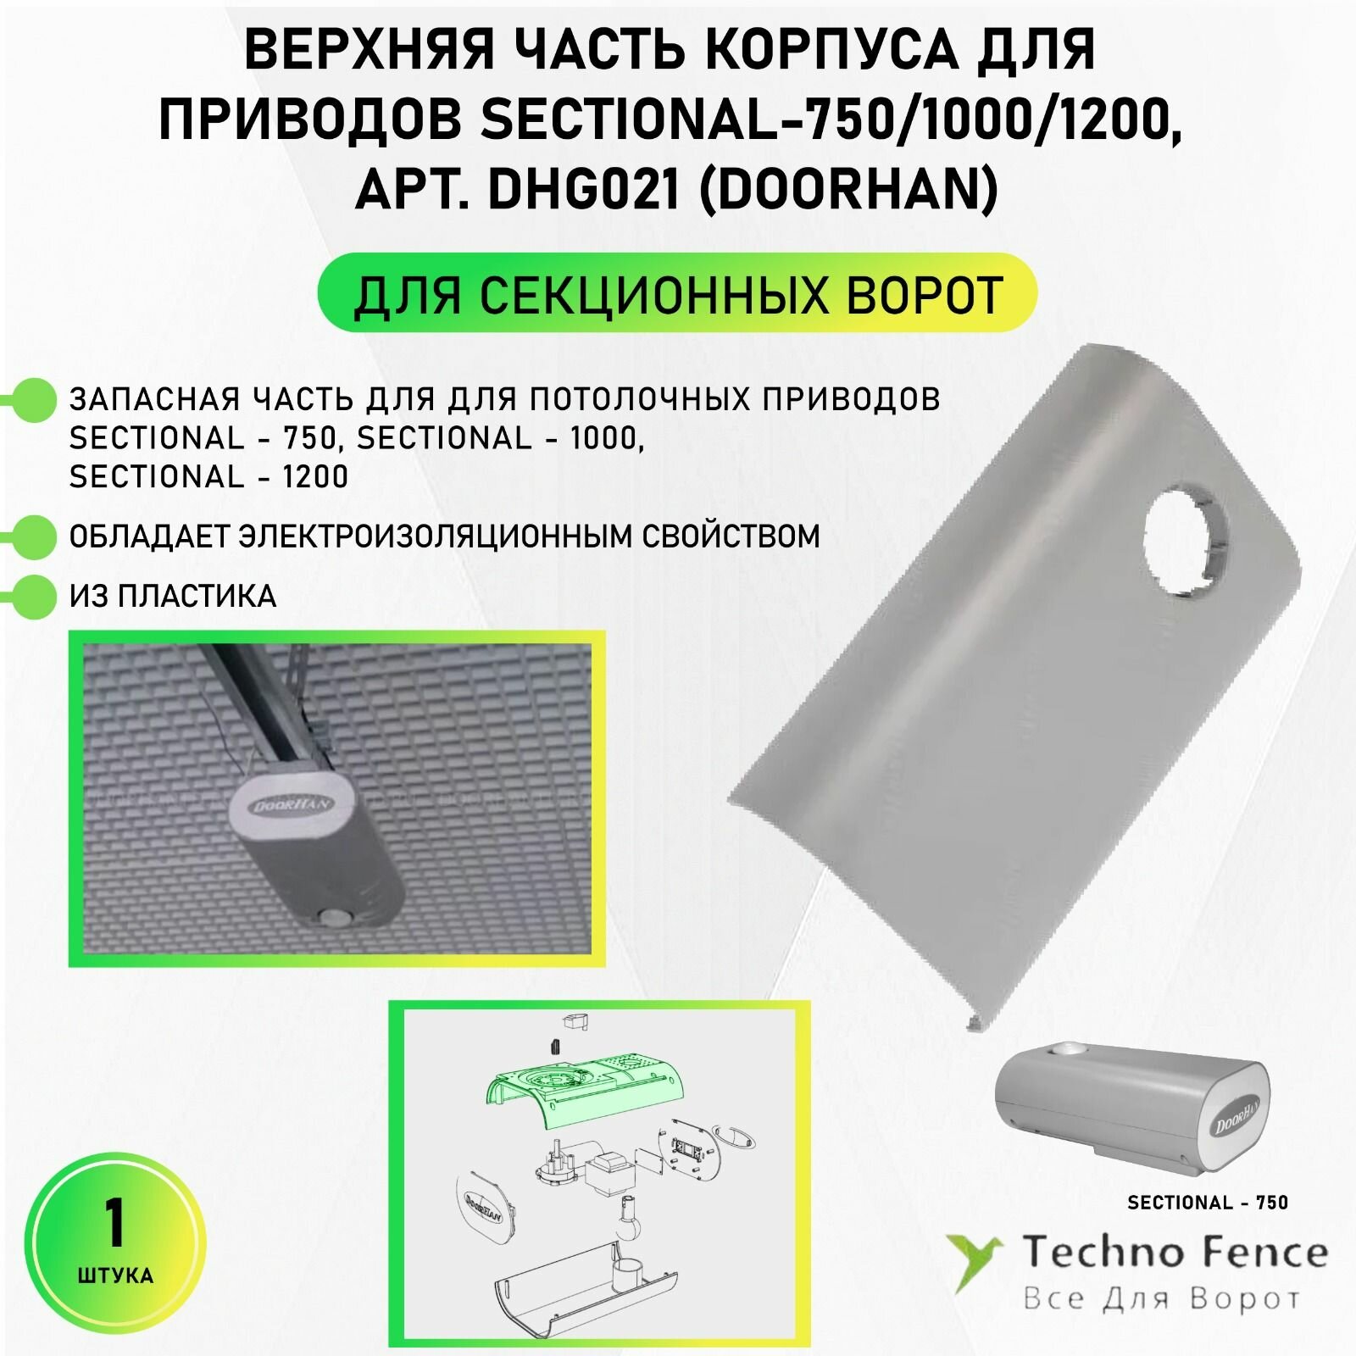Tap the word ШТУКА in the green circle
click(114, 1275)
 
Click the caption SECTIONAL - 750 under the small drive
click(1207, 1202)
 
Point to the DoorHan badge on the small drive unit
click(1237, 1120)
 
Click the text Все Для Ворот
click(1161, 1298)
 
